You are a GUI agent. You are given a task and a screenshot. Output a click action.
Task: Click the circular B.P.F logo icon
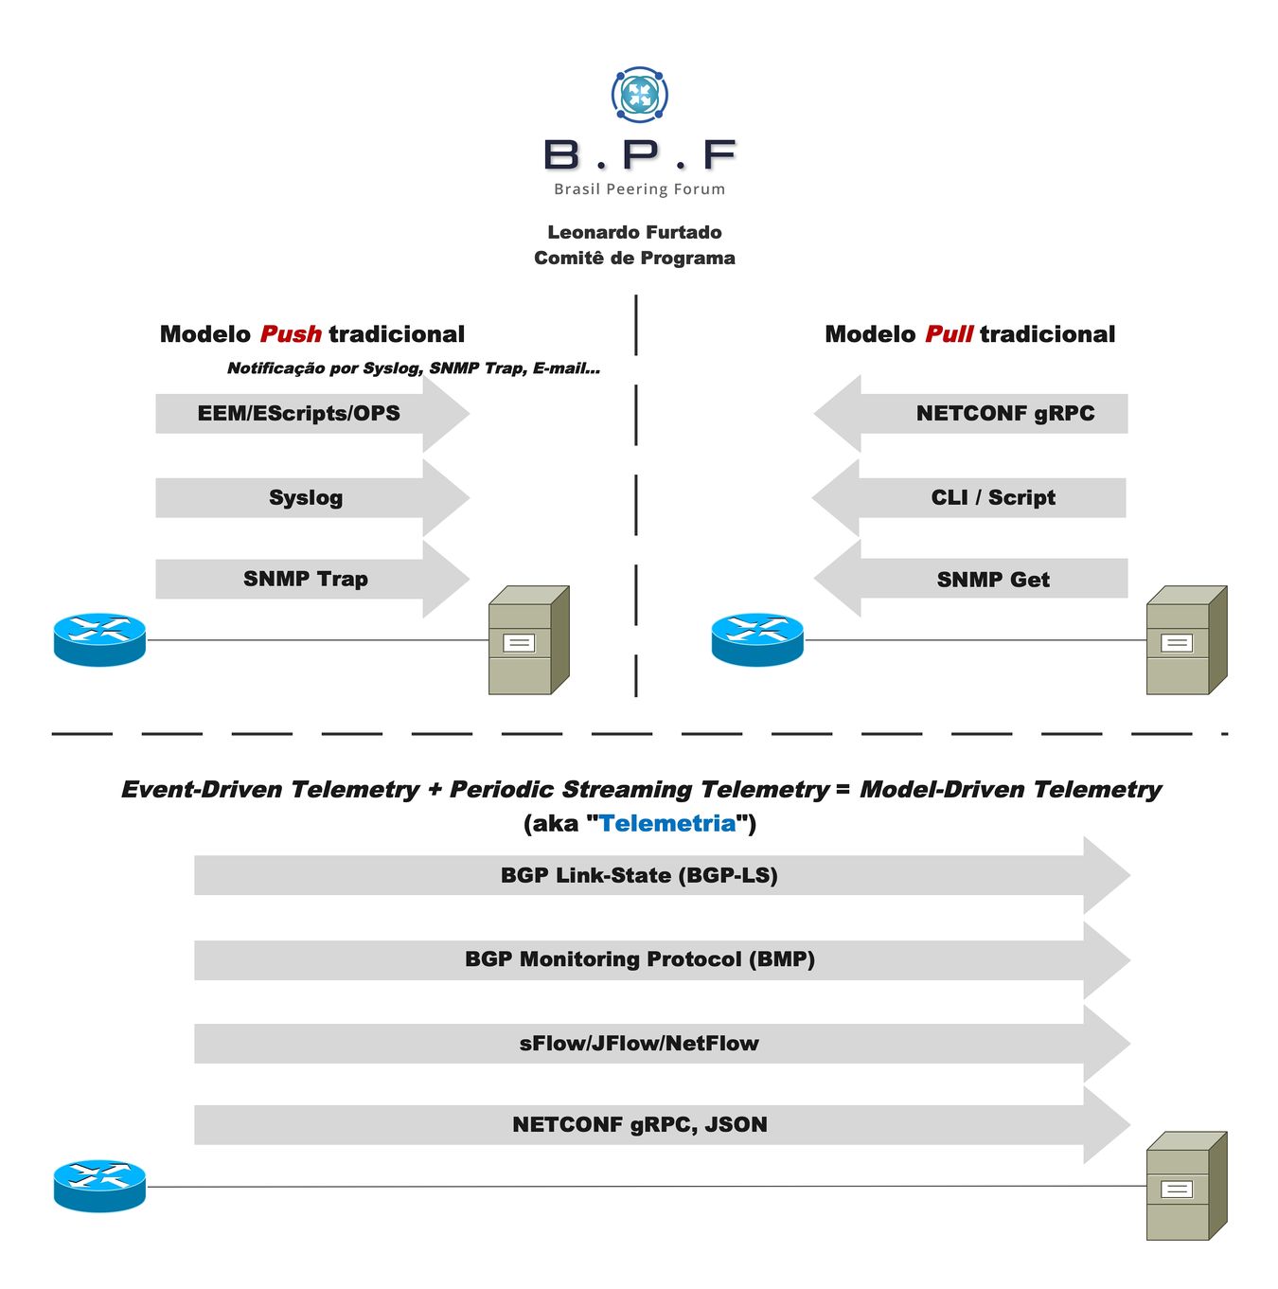640,95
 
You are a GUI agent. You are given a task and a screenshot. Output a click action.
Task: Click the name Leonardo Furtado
634,232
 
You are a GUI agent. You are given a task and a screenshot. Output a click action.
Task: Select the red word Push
291,334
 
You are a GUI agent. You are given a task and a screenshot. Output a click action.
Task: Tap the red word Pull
949,334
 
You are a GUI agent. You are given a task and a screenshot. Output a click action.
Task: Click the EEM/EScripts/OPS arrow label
298,414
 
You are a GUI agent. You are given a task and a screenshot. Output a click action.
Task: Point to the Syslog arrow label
305,498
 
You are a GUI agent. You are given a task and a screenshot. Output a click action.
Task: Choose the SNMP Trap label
305,579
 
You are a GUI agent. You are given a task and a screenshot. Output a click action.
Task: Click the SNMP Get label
993,580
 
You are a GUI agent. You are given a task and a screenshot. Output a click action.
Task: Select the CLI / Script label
993,498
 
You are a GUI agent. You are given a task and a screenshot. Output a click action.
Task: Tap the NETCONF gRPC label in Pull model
1004,414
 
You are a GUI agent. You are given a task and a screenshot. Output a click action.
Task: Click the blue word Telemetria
667,823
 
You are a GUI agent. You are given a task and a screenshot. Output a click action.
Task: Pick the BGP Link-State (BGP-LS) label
639,875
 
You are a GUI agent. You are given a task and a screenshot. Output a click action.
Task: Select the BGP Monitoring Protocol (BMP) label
639,959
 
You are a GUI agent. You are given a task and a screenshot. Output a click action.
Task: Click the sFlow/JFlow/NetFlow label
639,1044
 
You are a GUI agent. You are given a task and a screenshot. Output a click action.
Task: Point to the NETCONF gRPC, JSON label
639,1125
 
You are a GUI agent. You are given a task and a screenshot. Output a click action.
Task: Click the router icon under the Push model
99,639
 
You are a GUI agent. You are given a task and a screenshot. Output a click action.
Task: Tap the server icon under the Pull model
1185,641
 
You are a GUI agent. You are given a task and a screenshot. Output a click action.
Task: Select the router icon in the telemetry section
99,1186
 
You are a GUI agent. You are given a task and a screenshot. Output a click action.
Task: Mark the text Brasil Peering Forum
639,189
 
